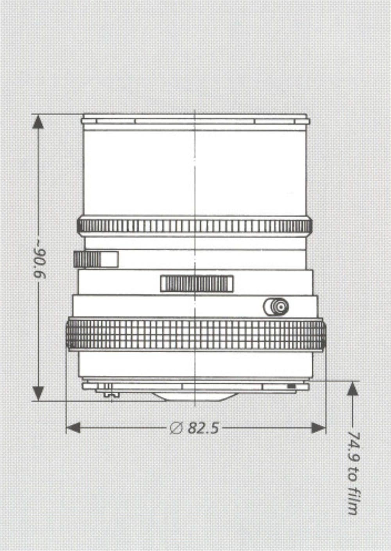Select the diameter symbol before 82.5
176,428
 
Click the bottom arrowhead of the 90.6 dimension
38,392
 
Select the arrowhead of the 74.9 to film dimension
353,389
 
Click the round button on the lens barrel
277,307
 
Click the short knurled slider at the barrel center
197,283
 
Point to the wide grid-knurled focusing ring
195,334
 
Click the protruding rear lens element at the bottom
194,396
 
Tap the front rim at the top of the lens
195,118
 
